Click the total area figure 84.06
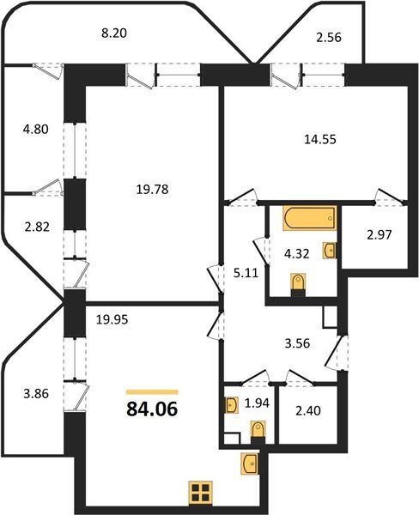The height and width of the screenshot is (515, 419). (152, 409)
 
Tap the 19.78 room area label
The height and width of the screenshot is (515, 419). (152, 189)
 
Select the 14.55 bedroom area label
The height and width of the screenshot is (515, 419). (320, 139)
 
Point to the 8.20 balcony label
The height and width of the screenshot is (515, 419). (114, 33)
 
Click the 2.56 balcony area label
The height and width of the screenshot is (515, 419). (329, 38)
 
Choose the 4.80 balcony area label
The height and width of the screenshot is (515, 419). (36, 129)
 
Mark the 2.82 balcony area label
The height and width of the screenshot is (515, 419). (37, 227)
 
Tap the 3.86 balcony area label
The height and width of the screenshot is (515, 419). (36, 393)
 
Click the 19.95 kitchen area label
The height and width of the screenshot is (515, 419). (112, 319)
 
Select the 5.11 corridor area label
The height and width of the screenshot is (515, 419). (246, 273)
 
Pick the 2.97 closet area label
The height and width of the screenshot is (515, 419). (380, 235)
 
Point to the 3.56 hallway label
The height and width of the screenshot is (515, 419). (297, 343)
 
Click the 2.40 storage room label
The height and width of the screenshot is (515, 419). (308, 410)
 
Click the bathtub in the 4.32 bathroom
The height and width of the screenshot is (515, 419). (310, 218)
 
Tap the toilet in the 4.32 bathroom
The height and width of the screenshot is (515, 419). (299, 283)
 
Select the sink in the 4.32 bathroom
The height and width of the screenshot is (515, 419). (330, 251)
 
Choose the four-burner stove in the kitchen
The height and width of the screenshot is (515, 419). (200, 493)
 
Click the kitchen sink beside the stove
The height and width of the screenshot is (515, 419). (250, 463)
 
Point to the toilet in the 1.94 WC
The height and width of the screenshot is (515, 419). (258, 431)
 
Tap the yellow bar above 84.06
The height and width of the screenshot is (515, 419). (152, 392)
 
